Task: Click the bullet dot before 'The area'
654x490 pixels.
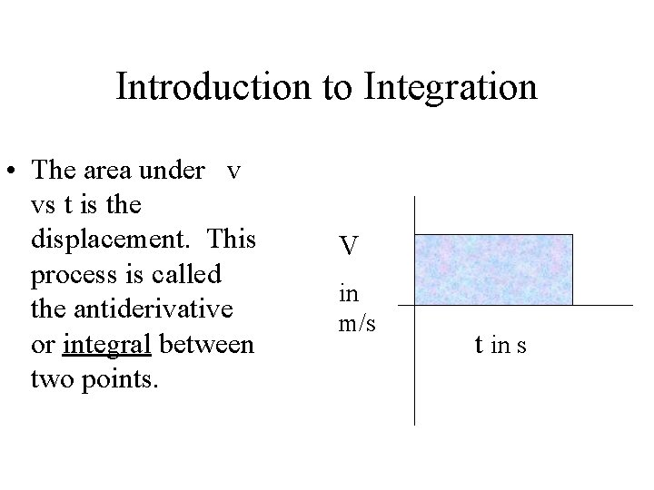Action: [x=15, y=172]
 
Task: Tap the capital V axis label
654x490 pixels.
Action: [x=350, y=245]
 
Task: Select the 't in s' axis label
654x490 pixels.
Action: [x=502, y=346]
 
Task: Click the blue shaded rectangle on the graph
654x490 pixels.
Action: [x=493, y=269]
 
